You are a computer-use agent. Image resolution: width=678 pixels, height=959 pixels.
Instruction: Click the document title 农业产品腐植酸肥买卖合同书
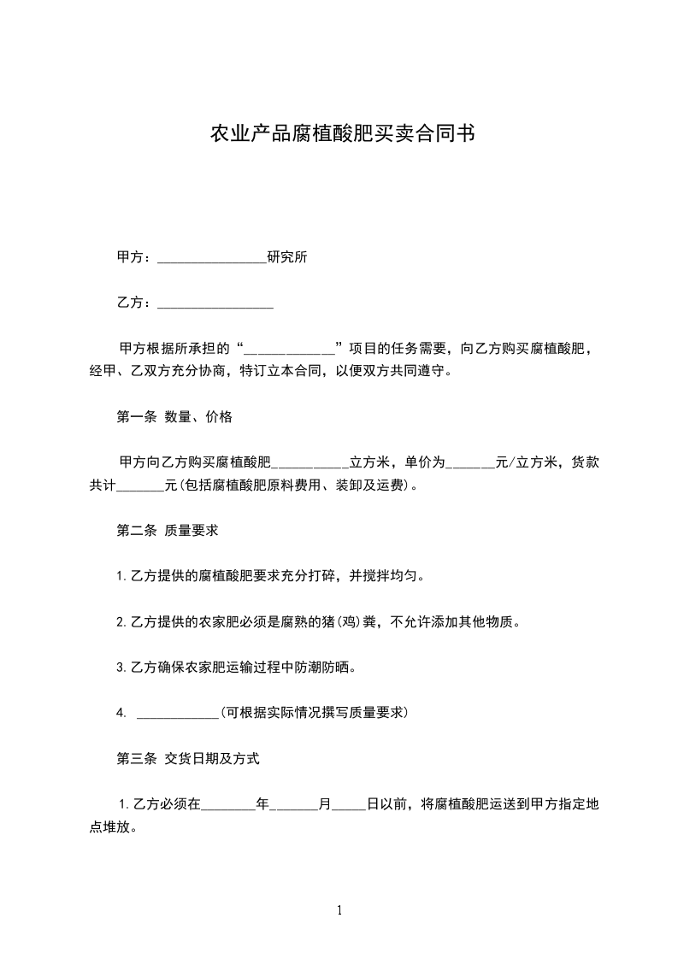(x=339, y=134)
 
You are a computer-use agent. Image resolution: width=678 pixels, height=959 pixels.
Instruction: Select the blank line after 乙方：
(x=215, y=303)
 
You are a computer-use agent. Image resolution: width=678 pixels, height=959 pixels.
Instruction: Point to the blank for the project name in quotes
(x=290, y=349)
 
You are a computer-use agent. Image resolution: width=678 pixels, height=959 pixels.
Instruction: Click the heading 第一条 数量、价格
(x=174, y=417)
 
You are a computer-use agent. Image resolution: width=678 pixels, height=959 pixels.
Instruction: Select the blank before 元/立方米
(x=470, y=463)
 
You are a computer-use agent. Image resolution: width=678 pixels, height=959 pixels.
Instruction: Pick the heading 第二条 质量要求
(x=167, y=531)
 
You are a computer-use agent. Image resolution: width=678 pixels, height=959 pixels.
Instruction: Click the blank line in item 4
(x=177, y=713)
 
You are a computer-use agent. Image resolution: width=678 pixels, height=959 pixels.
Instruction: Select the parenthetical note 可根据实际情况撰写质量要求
(x=314, y=712)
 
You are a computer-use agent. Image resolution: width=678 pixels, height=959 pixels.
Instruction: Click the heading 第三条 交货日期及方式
(x=187, y=758)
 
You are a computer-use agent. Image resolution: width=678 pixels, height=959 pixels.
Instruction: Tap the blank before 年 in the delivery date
(x=227, y=804)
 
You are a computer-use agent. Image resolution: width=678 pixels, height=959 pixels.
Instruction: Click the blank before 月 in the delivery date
(x=293, y=804)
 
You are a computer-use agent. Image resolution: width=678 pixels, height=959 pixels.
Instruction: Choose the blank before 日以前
(x=349, y=804)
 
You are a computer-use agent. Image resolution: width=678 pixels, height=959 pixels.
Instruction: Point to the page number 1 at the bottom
(x=339, y=910)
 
